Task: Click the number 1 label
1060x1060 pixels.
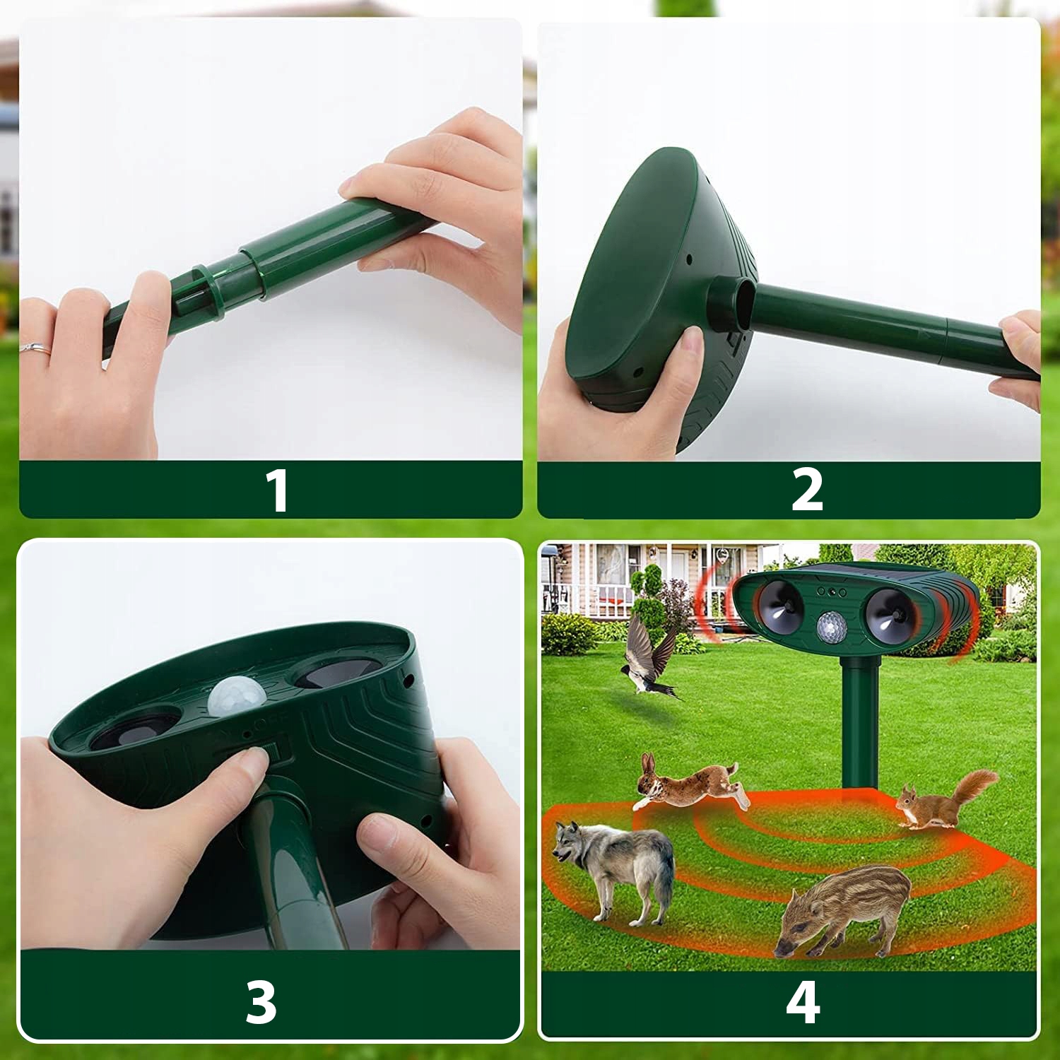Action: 278,490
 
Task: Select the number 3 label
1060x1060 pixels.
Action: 261,1001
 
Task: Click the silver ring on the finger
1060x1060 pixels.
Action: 36,348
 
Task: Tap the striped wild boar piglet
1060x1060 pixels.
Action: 844,910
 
